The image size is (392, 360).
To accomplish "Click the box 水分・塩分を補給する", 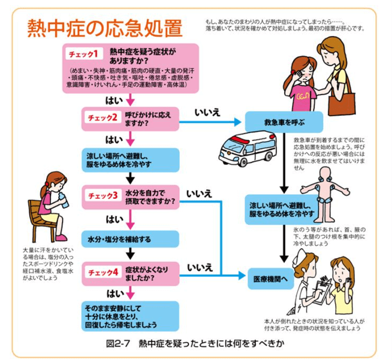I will coord(130,238).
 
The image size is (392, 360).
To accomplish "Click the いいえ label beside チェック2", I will coord(207,111).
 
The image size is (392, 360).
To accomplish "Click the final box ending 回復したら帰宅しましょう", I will coord(130,316).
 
